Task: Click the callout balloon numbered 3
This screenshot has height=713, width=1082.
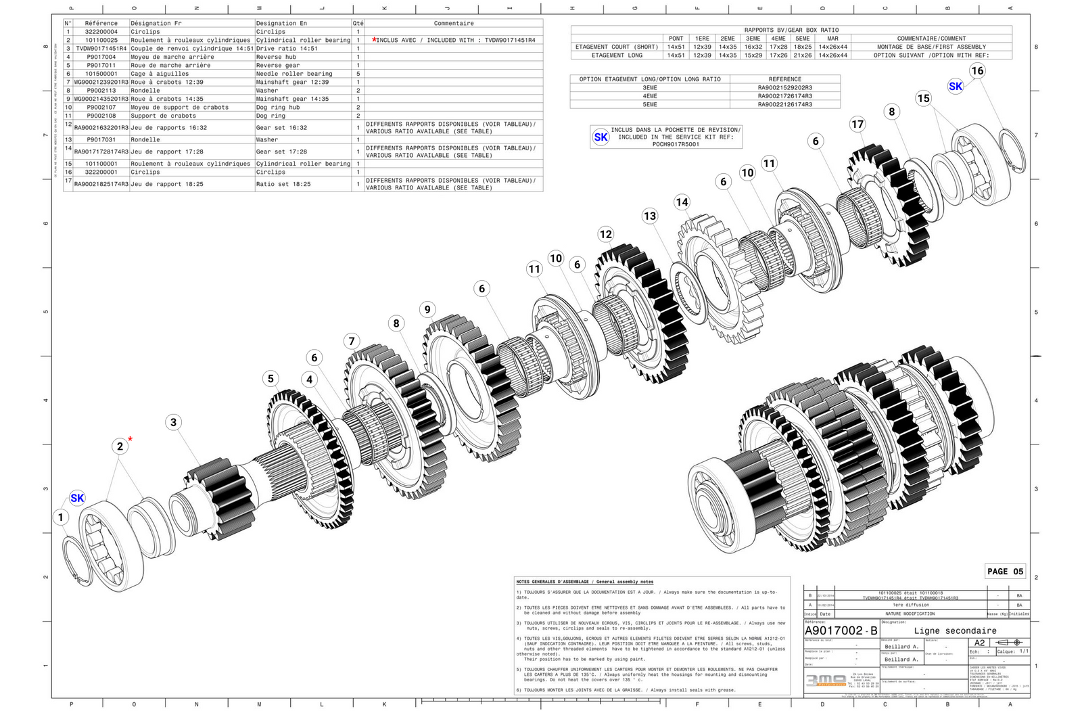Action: pos(173,422)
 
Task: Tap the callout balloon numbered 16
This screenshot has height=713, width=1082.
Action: pos(977,70)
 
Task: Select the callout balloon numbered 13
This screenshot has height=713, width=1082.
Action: pos(650,216)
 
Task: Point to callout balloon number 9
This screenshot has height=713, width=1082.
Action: pos(427,309)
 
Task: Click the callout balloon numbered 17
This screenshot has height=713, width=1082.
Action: pos(857,124)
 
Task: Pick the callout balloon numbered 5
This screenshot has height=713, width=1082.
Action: pos(270,378)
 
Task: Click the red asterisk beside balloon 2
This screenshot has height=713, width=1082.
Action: pos(131,439)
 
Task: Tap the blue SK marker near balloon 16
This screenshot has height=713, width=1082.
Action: pos(956,86)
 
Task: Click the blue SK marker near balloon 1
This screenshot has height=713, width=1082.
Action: pos(77,498)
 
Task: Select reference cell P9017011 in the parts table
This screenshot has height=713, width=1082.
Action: pos(101,66)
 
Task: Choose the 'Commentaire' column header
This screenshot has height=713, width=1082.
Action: pos(454,23)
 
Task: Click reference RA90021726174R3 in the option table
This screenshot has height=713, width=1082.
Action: pos(784,96)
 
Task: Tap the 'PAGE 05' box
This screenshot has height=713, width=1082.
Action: pos(1005,572)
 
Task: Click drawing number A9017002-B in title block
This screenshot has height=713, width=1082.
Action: pos(841,630)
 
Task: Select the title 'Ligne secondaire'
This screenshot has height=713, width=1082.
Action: pos(955,630)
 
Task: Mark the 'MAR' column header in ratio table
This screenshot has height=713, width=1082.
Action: pos(832,39)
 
